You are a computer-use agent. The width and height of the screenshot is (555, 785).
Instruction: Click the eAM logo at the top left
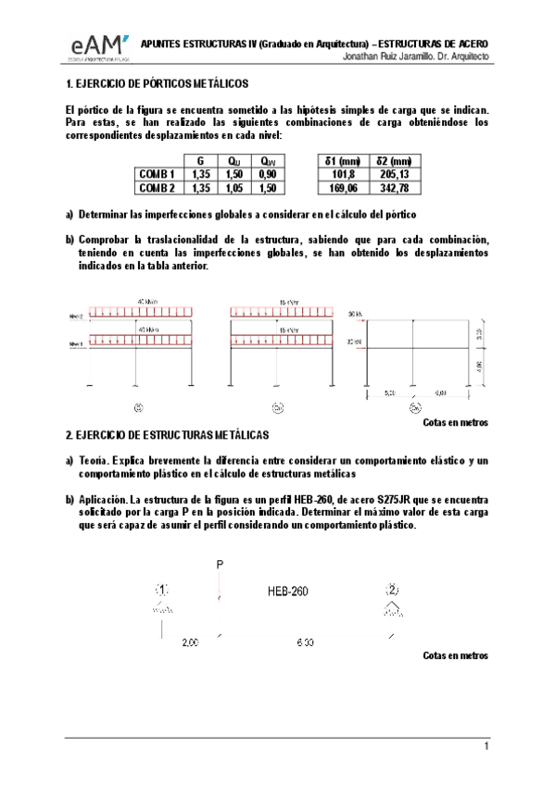[x=95, y=47]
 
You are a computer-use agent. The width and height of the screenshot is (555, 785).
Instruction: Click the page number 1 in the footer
[x=486, y=746]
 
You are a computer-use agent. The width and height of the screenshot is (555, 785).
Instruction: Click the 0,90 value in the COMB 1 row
[x=268, y=174]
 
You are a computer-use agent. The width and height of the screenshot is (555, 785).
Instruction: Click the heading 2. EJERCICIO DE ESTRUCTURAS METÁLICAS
[x=167, y=435]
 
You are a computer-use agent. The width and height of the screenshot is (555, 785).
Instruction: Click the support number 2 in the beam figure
[x=393, y=589]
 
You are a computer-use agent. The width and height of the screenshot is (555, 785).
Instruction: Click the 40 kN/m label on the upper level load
[x=146, y=301]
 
